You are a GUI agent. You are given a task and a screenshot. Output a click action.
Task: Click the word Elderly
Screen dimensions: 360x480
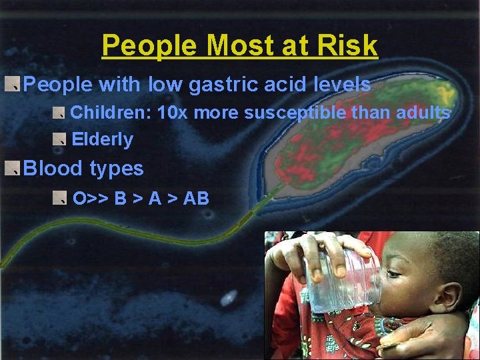coord(102,139)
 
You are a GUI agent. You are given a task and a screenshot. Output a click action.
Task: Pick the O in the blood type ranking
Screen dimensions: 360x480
coord(79,198)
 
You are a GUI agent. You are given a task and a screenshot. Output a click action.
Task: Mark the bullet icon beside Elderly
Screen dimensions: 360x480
coord(60,139)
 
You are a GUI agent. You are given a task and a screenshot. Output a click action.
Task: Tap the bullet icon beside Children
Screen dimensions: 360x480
coord(60,112)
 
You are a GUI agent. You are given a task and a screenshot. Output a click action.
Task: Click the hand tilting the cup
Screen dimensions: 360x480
coord(313,250)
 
